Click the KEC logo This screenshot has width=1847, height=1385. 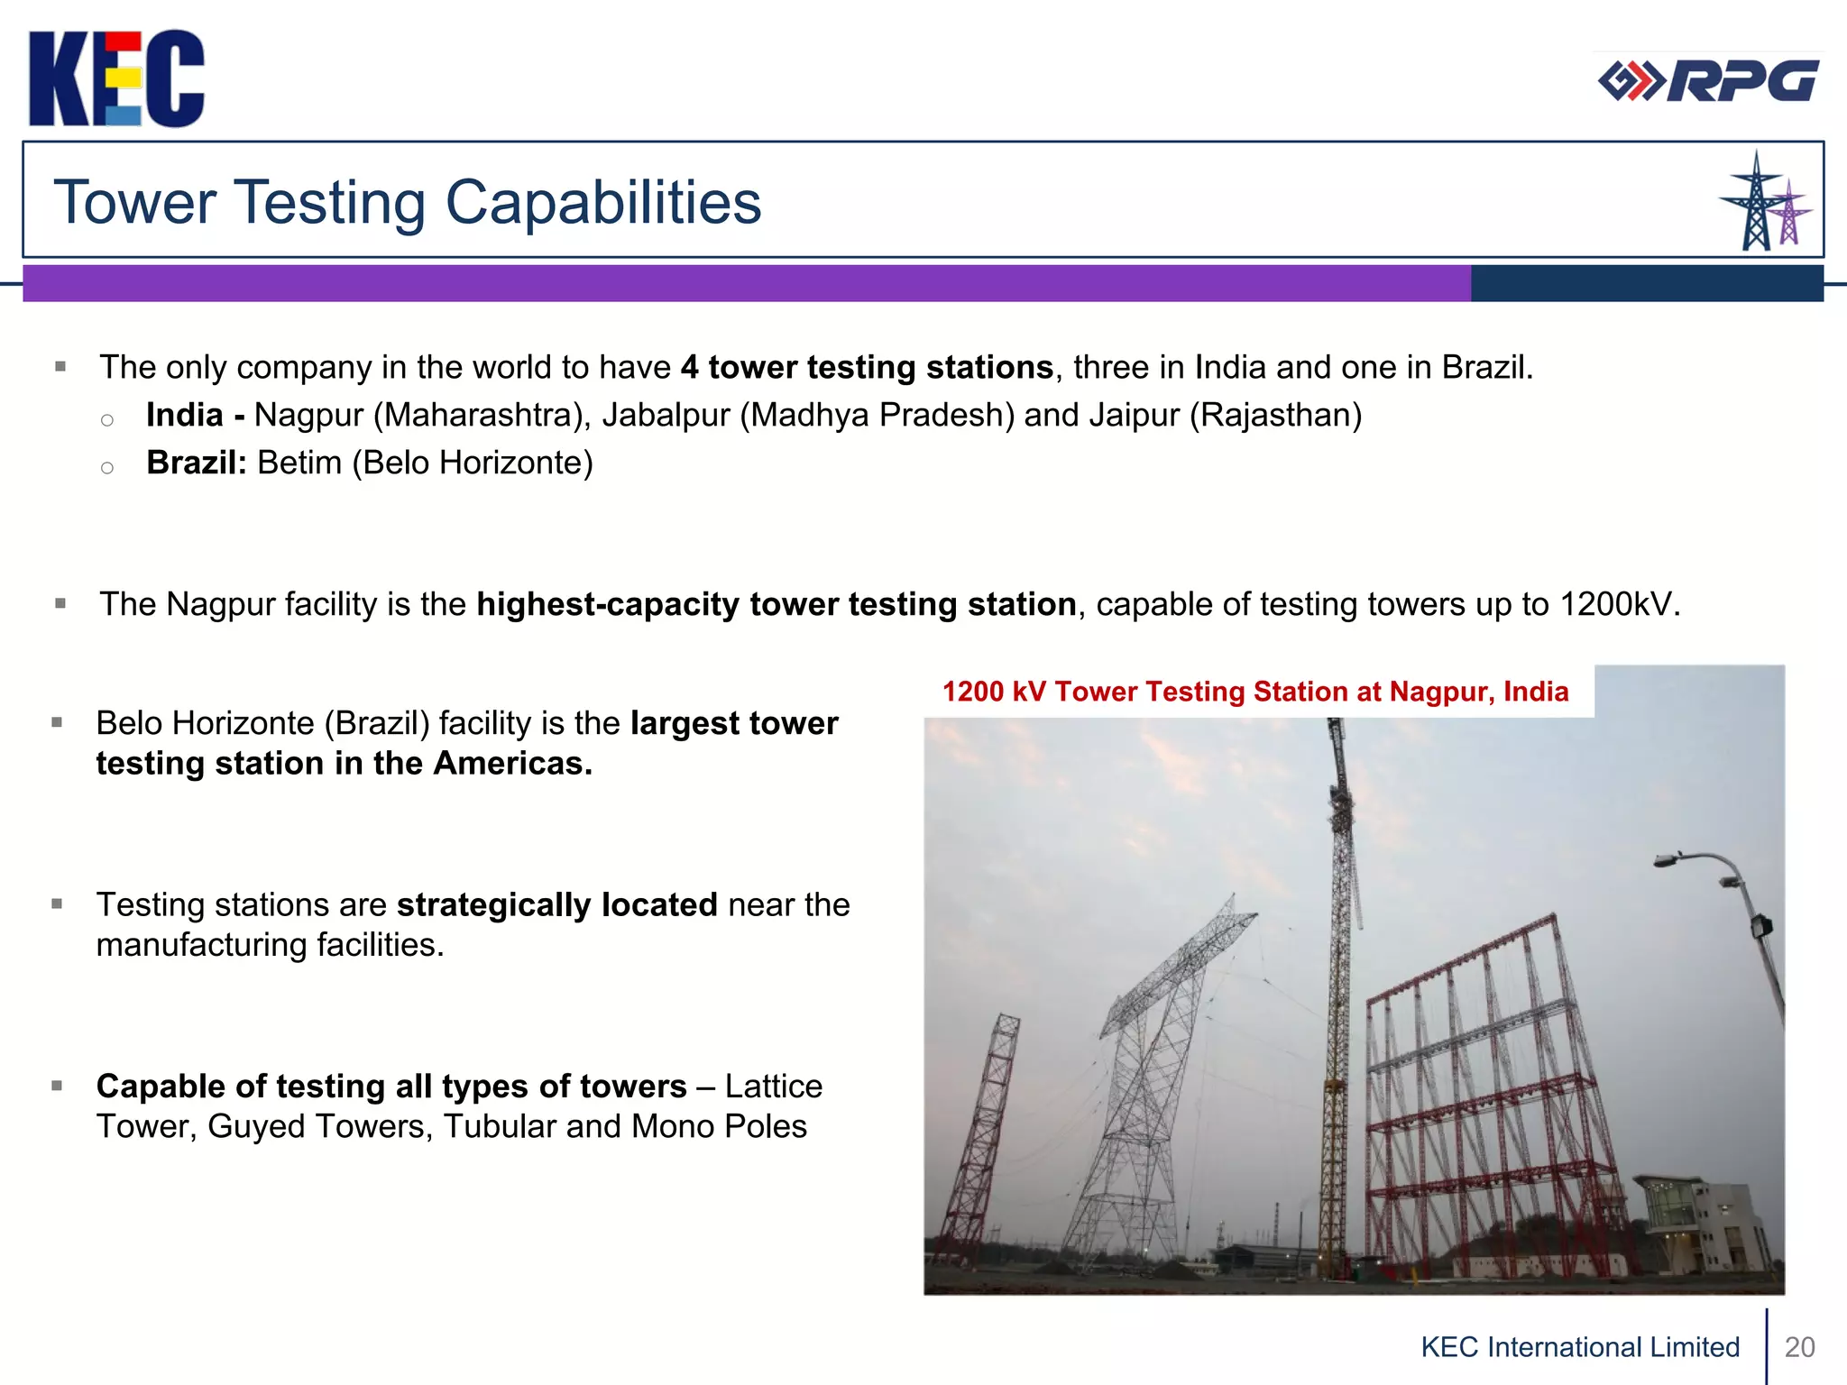point(116,78)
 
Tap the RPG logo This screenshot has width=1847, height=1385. point(1707,81)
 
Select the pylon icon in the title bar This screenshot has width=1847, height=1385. point(1764,202)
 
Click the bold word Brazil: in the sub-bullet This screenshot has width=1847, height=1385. point(196,463)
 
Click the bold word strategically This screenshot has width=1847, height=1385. point(556,904)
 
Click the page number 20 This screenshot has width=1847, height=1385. point(1799,1347)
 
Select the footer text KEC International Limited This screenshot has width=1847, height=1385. point(1580,1347)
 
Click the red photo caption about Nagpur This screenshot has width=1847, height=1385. point(1255,692)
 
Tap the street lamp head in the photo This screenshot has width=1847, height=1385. point(1668,860)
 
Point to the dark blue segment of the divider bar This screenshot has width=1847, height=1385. point(1647,283)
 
